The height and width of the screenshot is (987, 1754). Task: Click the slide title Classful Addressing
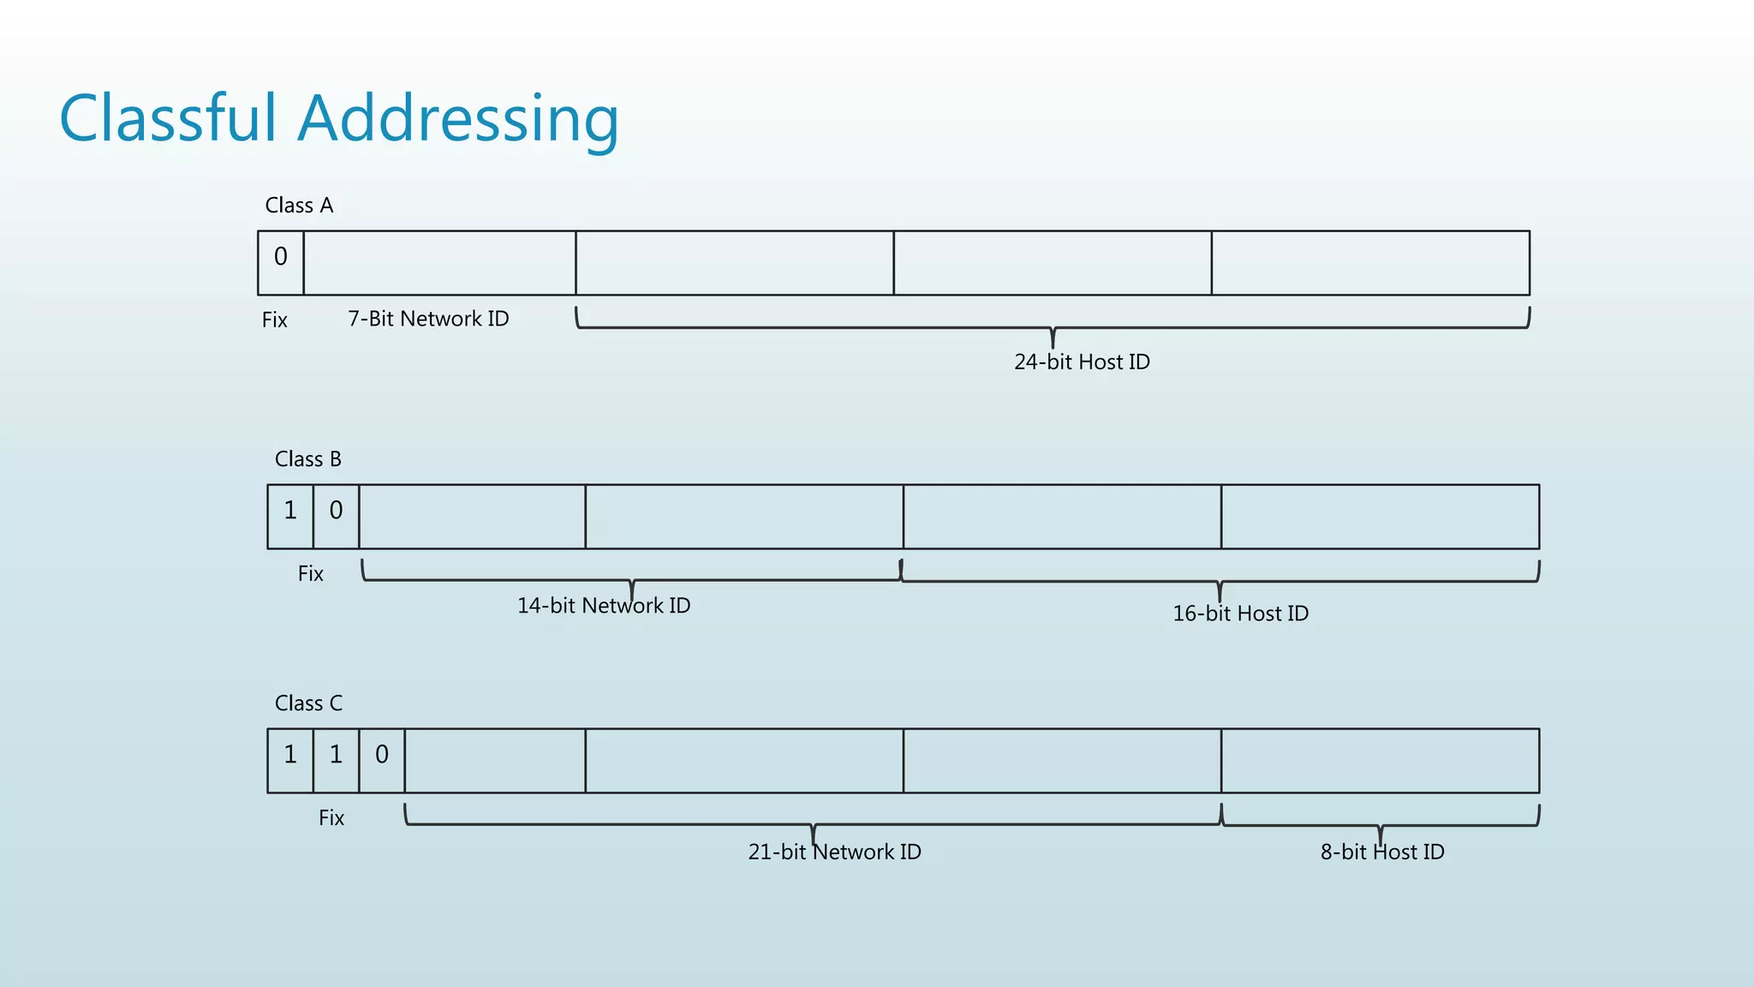338,118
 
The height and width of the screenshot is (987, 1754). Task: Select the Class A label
299,206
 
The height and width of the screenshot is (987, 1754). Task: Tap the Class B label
307,459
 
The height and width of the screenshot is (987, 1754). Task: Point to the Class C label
308,703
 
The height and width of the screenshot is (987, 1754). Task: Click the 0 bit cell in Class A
281,262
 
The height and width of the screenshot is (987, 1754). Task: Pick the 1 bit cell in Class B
290,516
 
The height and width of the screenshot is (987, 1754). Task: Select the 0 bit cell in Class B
336,516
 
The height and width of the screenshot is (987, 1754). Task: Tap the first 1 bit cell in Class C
290,760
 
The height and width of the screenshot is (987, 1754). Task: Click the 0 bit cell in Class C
382,760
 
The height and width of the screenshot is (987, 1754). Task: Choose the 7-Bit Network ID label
428,319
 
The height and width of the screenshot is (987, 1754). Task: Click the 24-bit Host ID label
1082,362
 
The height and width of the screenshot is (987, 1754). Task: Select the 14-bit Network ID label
604,606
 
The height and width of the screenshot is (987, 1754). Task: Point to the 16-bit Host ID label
1240,613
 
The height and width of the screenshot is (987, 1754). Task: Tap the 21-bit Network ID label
834,852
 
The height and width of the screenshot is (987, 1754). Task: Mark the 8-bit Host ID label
1382,852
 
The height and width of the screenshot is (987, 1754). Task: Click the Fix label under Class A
274,320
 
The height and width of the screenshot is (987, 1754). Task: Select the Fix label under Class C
331,817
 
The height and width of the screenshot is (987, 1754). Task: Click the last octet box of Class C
1380,760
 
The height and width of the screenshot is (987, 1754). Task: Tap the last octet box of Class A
1370,262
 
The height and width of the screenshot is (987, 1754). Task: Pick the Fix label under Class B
310,573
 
